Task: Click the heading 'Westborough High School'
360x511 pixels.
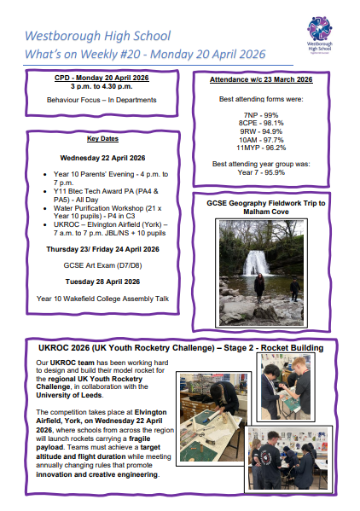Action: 98,37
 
